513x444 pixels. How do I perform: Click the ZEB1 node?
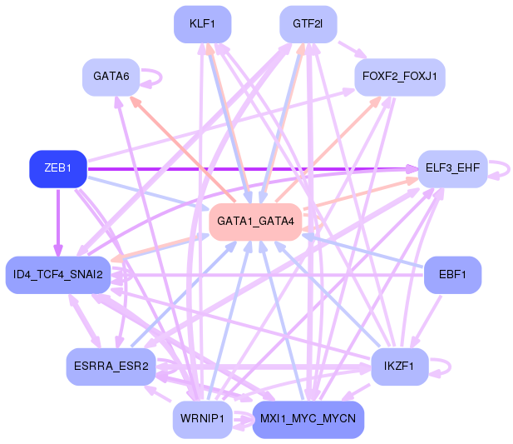coord(58,169)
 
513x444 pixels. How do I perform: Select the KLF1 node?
coord(203,24)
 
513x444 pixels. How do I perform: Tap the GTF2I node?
coord(308,24)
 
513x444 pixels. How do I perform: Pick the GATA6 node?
coord(111,77)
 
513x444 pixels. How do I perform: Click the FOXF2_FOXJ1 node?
coord(401,77)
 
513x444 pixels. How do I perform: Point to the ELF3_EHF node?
coord(452,169)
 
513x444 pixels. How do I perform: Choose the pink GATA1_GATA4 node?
coord(255,222)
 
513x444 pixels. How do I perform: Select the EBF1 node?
coord(452,274)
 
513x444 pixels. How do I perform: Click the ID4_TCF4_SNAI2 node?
coord(58,274)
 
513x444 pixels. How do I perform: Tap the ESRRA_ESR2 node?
coord(111,367)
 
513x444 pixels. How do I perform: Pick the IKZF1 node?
coord(401,367)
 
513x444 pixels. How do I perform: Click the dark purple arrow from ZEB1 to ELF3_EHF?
coord(249,169)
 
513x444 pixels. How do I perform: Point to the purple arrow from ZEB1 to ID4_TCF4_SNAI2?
coord(58,222)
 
